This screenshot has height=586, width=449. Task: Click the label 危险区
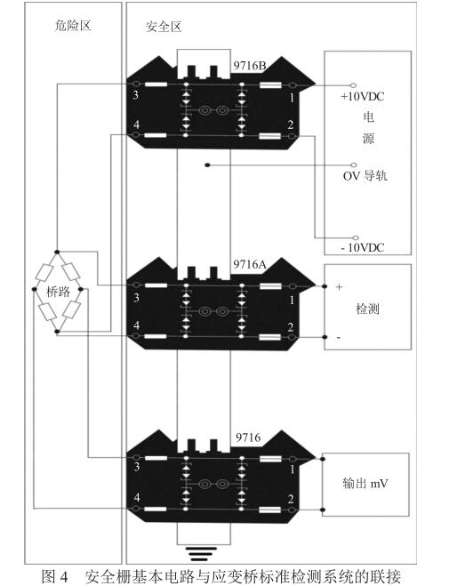point(73,26)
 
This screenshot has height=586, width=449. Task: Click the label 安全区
point(164,27)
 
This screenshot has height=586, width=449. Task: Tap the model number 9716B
point(250,66)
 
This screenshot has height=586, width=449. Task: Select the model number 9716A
point(250,264)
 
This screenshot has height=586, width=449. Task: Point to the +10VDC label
point(362,96)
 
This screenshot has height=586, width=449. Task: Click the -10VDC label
point(363,247)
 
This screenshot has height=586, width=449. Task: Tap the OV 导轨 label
point(365,175)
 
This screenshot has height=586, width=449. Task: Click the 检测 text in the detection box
point(367,309)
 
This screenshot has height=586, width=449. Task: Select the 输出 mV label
point(365,483)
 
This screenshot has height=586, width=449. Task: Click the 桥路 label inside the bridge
point(59,291)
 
